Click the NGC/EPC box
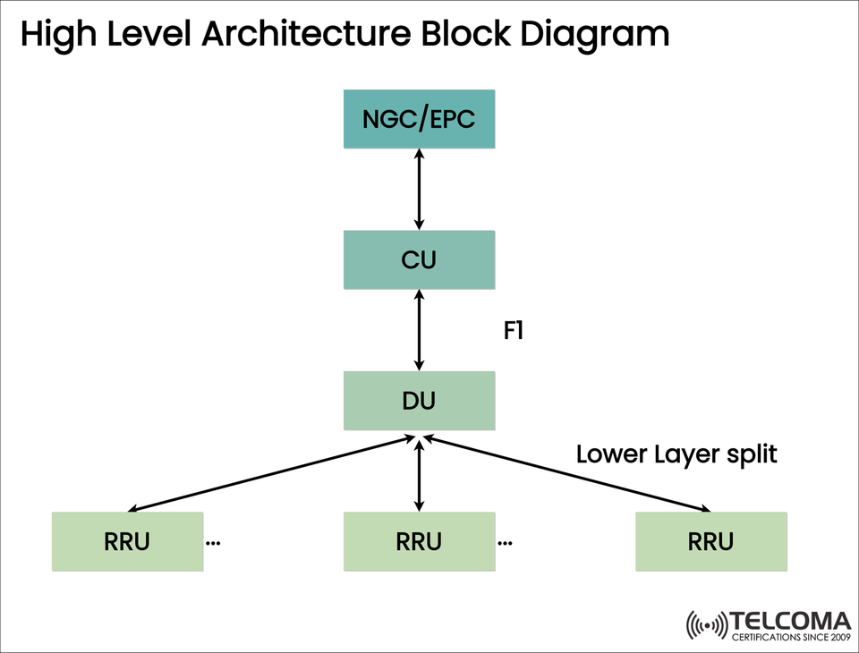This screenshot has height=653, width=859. tap(419, 119)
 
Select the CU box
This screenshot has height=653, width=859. tap(419, 260)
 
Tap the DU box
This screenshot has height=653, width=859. tap(419, 401)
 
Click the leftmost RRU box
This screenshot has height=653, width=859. tap(127, 541)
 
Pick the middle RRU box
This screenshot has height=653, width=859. tap(419, 541)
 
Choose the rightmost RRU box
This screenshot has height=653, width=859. tap(711, 541)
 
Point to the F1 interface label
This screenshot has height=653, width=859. tap(513, 330)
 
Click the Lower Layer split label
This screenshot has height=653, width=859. tap(676, 454)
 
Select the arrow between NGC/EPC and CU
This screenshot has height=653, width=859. tap(419, 190)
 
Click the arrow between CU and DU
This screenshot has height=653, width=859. tap(419, 330)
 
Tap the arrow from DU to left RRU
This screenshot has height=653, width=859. tap(268, 474)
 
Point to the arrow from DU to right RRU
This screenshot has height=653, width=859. tap(568, 474)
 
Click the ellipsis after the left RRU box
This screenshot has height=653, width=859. tap(214, 543)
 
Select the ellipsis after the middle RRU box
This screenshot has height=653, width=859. tap(505, 543)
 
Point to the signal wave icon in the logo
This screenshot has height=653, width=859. tap(706, 625)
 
